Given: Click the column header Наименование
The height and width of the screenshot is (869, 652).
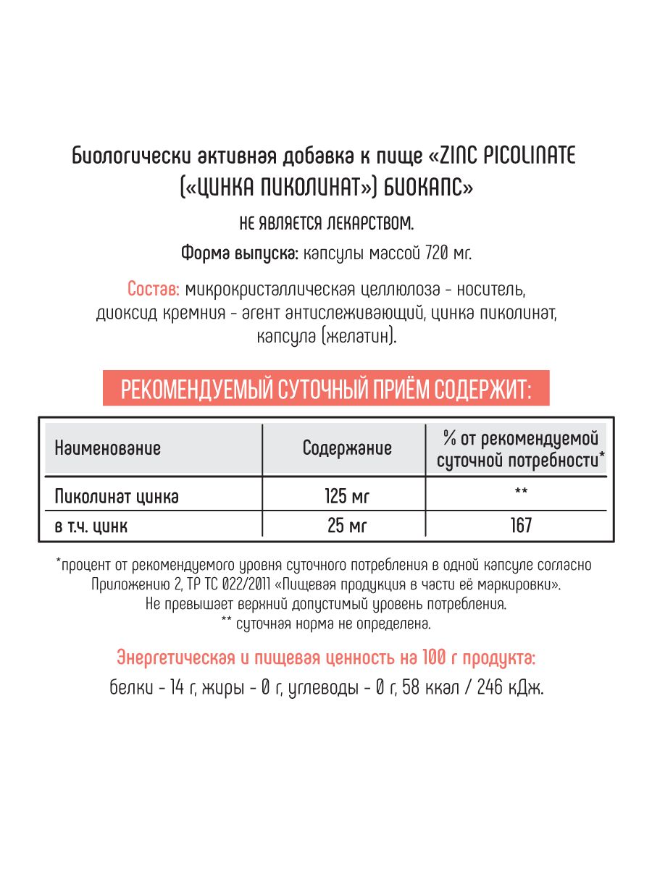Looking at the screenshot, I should (x=107, y=448).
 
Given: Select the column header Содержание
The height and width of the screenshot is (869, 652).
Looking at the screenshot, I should (x=347, y=448).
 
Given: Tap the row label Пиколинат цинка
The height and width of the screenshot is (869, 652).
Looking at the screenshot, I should (x=116, y=497).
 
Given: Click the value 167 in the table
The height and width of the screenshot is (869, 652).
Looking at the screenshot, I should (x=520, y=525).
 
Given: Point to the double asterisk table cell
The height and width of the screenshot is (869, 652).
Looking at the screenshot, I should (x=520, y=493).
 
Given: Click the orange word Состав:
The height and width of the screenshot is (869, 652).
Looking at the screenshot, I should (x=154, y=290).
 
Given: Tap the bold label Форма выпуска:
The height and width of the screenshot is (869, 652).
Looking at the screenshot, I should (x=236, y=253).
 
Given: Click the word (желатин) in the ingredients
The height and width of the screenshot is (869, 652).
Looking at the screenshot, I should (x=361, y=337).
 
